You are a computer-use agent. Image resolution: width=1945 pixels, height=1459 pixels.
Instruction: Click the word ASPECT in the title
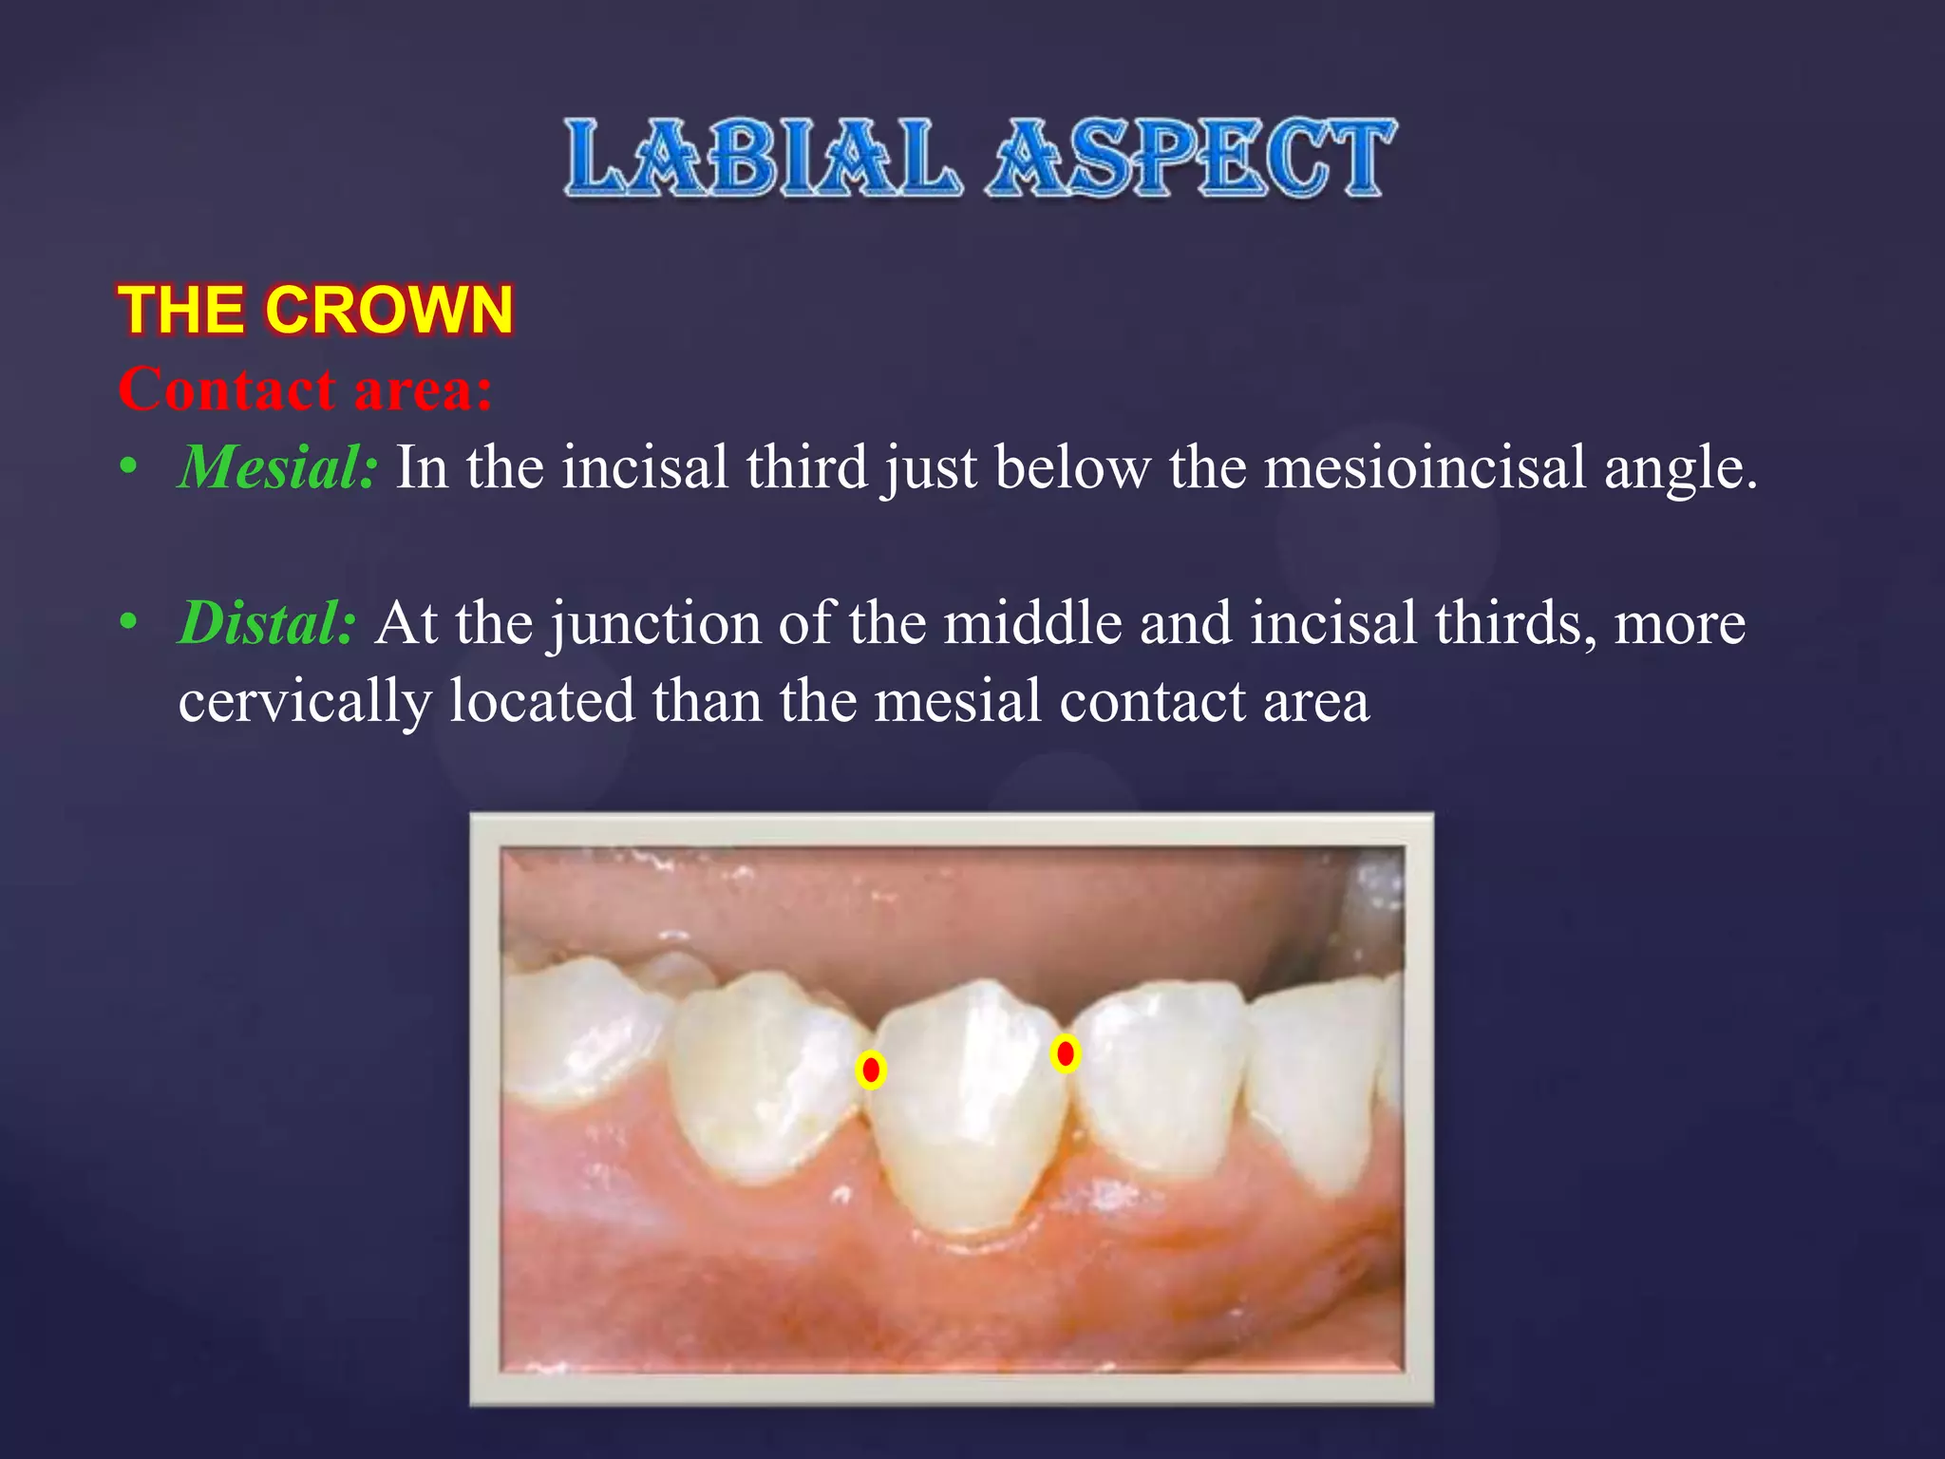[1191, 158]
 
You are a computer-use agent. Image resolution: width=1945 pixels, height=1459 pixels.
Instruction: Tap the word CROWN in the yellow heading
[389, 310]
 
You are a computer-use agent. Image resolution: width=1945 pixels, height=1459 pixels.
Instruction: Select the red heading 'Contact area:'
[306, 389]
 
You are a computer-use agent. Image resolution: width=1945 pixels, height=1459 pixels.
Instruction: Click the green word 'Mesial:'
[278, 467]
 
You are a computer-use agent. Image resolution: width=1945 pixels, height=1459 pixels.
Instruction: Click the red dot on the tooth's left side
[871, 1070]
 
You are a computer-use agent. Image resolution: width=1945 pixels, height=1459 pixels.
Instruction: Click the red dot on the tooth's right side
[1066, 1053]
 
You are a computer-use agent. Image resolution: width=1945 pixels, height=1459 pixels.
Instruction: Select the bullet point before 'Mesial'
[129, 467]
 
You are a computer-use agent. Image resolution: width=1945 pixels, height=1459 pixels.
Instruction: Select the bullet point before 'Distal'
[129, 623]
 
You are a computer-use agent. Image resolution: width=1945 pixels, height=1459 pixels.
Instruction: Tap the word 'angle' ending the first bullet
[1679, 467]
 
